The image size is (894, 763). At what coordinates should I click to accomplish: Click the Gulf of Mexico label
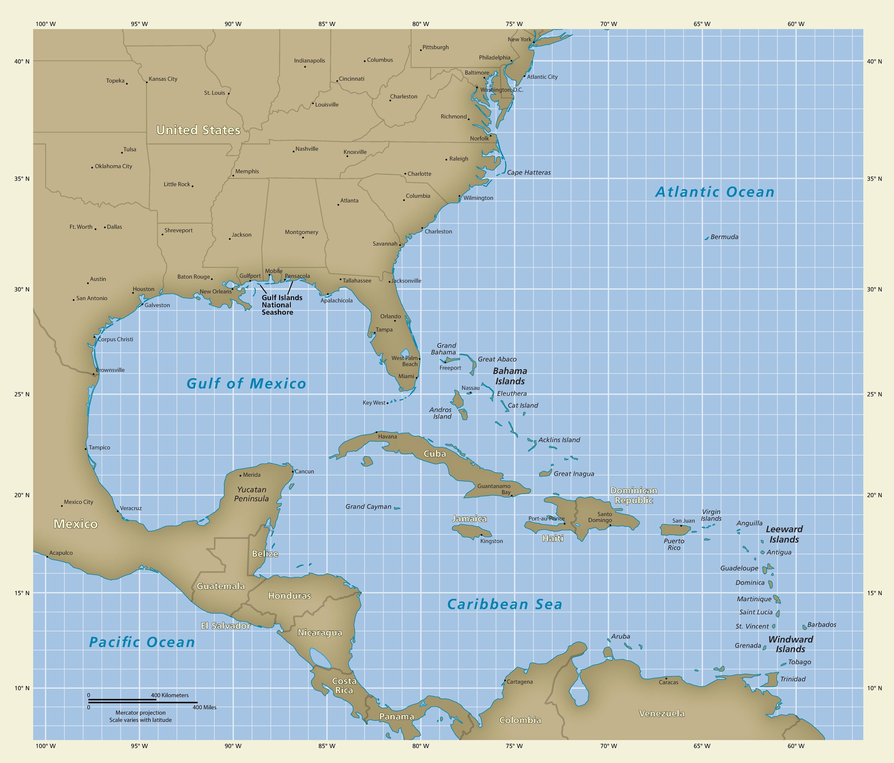tap(246, 383)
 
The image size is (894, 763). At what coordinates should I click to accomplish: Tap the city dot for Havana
tap(376, 432)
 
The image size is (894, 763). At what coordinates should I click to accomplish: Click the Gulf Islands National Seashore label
tap(281, 305)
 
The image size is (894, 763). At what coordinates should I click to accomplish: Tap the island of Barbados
tap(804, 627)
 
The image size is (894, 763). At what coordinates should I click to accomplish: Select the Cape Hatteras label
tap(529, 173)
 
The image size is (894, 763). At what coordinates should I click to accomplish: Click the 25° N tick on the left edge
tap(22, 394)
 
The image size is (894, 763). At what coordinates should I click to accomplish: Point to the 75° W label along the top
tap(514, 24)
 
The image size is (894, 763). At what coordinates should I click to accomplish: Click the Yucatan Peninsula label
tap(251, 494)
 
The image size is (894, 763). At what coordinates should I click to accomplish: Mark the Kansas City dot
tap(147, 82)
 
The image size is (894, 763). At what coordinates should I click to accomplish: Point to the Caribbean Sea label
tap(504, 604)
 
